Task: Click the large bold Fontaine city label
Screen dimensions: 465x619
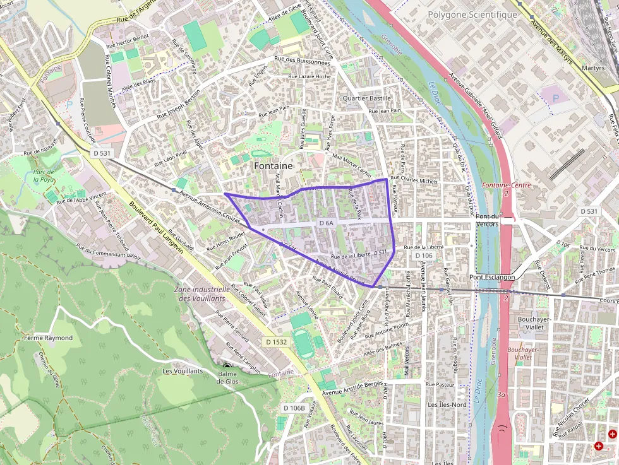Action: pos(273,166)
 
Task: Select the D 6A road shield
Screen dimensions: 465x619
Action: pos(326,223)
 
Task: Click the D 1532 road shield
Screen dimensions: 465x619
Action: pos(276,341)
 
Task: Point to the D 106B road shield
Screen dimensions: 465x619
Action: pos(294,408)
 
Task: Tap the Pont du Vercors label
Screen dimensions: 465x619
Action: pos(487,220)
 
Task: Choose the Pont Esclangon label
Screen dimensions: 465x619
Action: pos(492,277)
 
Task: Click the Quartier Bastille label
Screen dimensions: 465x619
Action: pos(367,98)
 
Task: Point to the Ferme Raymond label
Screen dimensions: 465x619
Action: pos(48,338)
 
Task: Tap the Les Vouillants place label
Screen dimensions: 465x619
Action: pos(183,371)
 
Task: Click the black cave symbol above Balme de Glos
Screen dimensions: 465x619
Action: pos(227,366)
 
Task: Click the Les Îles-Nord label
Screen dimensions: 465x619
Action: pos(448,404)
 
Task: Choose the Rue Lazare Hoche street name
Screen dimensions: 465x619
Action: pos(309,76)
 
